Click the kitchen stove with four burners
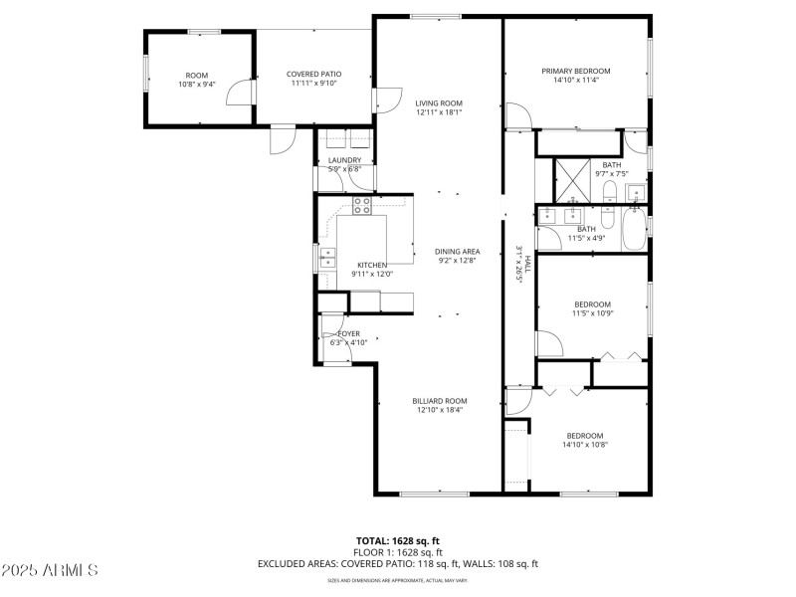point(362,206)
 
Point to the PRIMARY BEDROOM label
point(575,72)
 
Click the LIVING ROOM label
point(439,103)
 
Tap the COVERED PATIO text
point(313,75)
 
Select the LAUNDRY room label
point(344,160)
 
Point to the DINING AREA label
point(458,252)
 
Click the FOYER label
point(349,333)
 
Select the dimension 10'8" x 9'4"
point(196,85)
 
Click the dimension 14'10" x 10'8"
point(585,445)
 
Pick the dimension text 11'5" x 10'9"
point(592,313)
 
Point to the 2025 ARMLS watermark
point(50,570)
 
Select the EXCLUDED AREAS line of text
point(397,564)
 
